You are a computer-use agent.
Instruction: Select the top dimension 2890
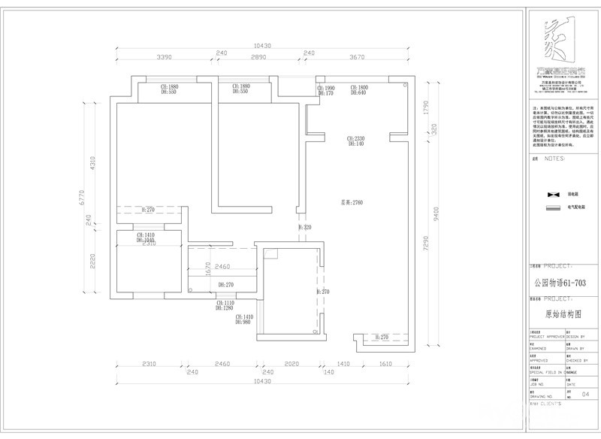click(259, 57)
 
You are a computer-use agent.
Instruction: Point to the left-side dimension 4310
click(92, 163)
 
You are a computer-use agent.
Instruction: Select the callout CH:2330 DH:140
click(355, 141)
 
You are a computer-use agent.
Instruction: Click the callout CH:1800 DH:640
click(358, 90)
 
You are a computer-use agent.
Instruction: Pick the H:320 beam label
click(304, 227)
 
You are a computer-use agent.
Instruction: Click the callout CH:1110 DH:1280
click(225, 304)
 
